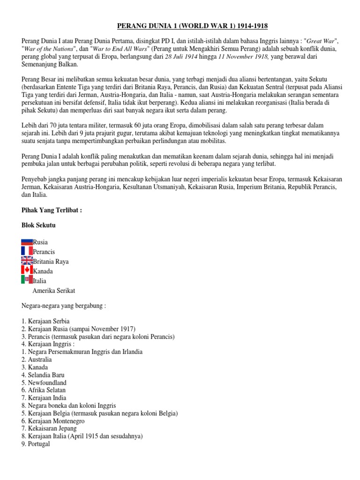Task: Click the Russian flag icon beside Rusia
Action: click(x=27, y=242)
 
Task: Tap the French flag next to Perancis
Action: click(x=27, y=252)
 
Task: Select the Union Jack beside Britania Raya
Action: click(x=27, y=261)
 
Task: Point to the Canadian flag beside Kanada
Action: click(x=27, y=270)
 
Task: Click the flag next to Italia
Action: click(x=27, y=280)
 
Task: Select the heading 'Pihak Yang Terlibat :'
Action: click(x=52, y=210)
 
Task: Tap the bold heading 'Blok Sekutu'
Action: click(x=38, y=225)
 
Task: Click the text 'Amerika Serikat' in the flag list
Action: click(x=53, y=291)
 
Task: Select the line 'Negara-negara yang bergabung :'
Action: click(x=64, y=306)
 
